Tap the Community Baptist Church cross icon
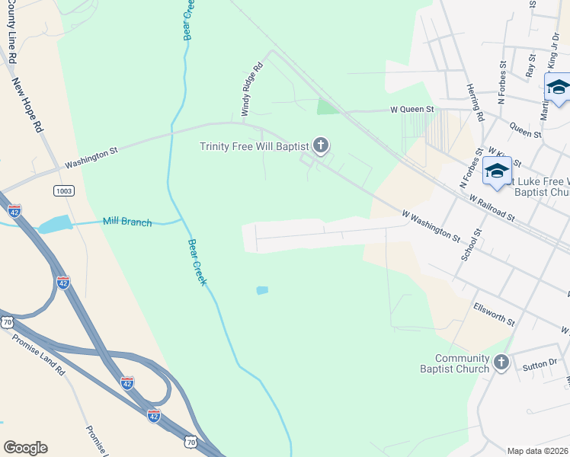501,363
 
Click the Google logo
25,448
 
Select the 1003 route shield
64,190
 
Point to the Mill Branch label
127,222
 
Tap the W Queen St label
412,109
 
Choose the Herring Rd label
476,103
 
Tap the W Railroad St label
494,209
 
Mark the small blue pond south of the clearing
263,290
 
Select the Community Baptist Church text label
463,364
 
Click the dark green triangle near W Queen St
327,107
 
